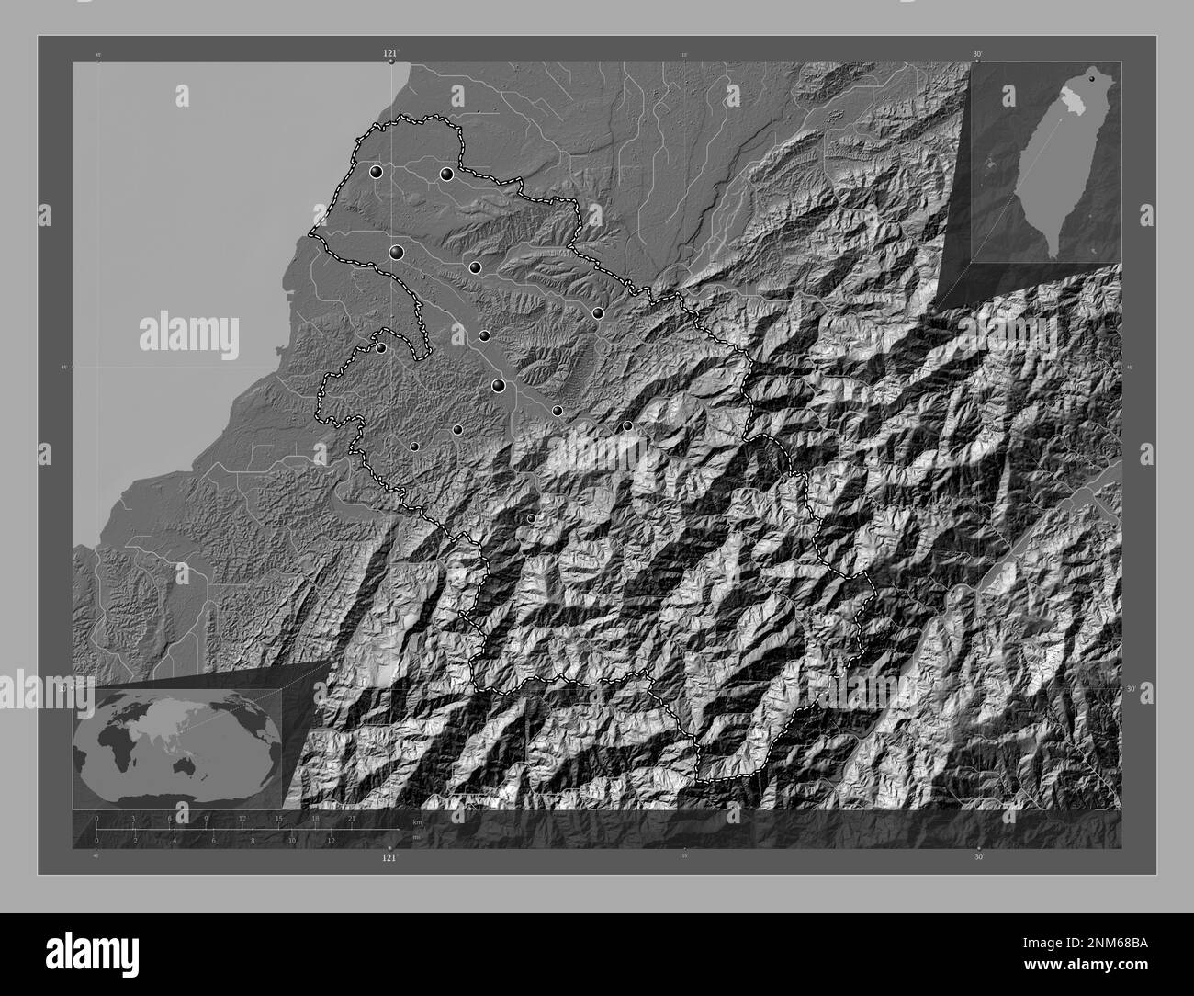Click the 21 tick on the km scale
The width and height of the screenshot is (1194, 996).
pos(351,819)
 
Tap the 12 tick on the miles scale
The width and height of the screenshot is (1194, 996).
pos(330,840)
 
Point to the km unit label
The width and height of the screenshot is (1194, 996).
pos(417,821)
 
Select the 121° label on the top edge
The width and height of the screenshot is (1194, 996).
pos(391,55)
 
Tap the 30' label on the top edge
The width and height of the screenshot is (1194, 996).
pos(978,55)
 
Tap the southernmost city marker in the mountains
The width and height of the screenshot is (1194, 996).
pos(531,519)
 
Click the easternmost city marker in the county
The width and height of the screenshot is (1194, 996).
pos(627,425)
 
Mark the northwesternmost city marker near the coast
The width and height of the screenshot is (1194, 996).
pos(376,172)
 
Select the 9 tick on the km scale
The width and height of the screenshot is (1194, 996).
pos(206,819)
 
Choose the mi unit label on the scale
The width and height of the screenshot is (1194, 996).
pos(417,837)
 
